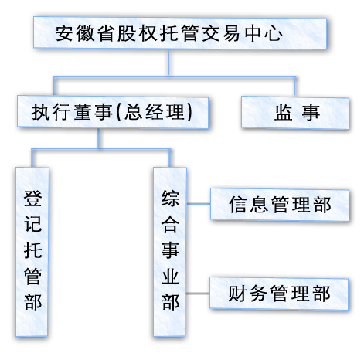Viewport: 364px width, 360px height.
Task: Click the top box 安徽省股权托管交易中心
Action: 173,35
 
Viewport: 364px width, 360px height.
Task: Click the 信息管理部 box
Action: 279,205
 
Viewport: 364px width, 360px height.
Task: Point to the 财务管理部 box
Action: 279,294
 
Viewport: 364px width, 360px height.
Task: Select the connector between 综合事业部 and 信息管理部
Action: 199,205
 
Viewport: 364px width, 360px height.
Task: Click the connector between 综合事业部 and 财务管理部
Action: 199,294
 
